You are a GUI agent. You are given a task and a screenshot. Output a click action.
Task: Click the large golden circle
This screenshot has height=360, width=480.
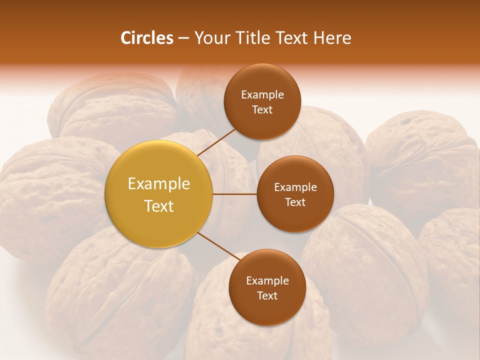point(159,194)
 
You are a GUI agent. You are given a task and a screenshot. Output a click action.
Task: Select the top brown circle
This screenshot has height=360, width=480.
point(262,101)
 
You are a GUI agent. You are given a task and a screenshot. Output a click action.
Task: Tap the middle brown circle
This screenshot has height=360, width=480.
point(295,194)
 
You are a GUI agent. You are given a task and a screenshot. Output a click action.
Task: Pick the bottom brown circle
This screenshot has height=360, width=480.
point(267,287)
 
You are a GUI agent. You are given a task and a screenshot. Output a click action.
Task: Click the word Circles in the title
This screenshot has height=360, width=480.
point(146,38)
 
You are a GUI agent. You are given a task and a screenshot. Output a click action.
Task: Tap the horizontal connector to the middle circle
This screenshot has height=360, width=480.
point(234,194)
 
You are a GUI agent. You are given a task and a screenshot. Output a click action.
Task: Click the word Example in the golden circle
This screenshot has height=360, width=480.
point(159,184)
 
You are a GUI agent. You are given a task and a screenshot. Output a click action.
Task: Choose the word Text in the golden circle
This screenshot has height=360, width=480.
point(159,206)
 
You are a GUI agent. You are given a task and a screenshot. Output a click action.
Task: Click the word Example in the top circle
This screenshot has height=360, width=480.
point(262,95)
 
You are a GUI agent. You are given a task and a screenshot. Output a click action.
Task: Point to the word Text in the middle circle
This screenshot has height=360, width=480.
point(295,202)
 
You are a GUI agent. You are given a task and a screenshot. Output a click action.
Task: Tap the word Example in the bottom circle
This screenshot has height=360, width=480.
point(267,281)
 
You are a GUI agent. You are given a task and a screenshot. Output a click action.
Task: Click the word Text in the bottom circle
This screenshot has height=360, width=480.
point(267,295)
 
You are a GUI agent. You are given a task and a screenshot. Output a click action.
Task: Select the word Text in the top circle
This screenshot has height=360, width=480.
point(262,109)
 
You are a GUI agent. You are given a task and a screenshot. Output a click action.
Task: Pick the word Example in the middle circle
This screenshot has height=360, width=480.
point(295,187)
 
